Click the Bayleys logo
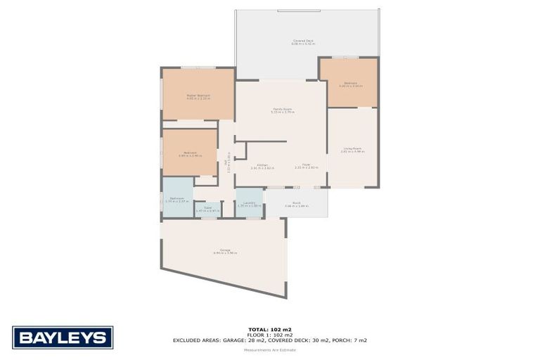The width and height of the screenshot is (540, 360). coord(62,337)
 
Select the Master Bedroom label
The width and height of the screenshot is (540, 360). coord(198,96)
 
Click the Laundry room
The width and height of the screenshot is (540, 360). coord(249,204)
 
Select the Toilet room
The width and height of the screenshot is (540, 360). coord(208,208)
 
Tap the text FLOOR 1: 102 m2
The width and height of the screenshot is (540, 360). coord(269,335)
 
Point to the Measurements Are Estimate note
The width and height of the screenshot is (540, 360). coord(269,350)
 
